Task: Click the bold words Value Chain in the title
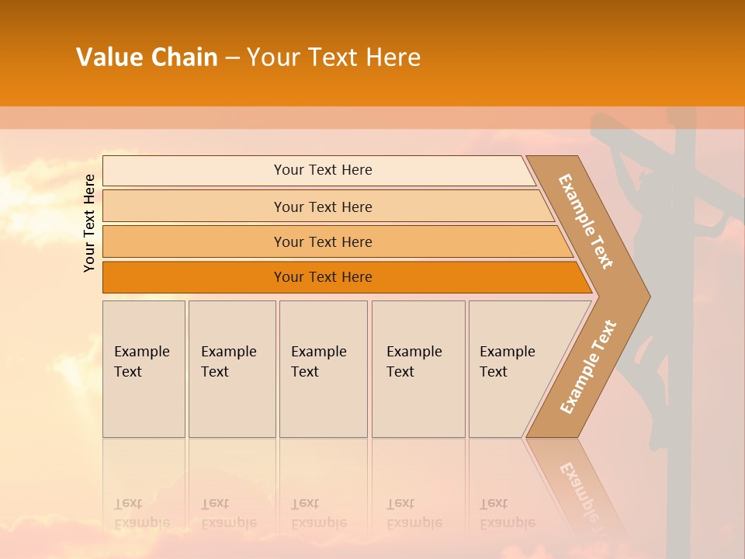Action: pyautogui.click(x=147, y=57)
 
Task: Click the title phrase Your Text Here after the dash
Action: pyautogui.click(x=334, y=57)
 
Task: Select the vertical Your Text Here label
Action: pyautogui.click(x=89, y=223)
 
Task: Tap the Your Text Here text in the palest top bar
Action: pyautogui.click(x=323, y=170)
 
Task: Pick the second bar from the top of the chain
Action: pyautogui.click(x=323, y=207)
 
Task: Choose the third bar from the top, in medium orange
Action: pyautogui.click(x=323, y=242)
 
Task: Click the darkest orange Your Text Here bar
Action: pyautogui.click(x=323, y=277)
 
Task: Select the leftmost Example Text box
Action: pyautogui.click(x=144, y=369)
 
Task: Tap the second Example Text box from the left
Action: pyautogui.click(x=231, y=369)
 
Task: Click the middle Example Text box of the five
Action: pyautogui.click(x=323, y=369)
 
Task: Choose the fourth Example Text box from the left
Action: pyautogui.click(x=418, y=369)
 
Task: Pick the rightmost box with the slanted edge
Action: pyautogui.click(x=512, y=369)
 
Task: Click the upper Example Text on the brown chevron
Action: pyautogui.click(x=586, y=220)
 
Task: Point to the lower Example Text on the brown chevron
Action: pyautogui.click(x=588, y=366)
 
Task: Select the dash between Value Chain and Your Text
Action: pyautogui.click(x=232, y=58)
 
